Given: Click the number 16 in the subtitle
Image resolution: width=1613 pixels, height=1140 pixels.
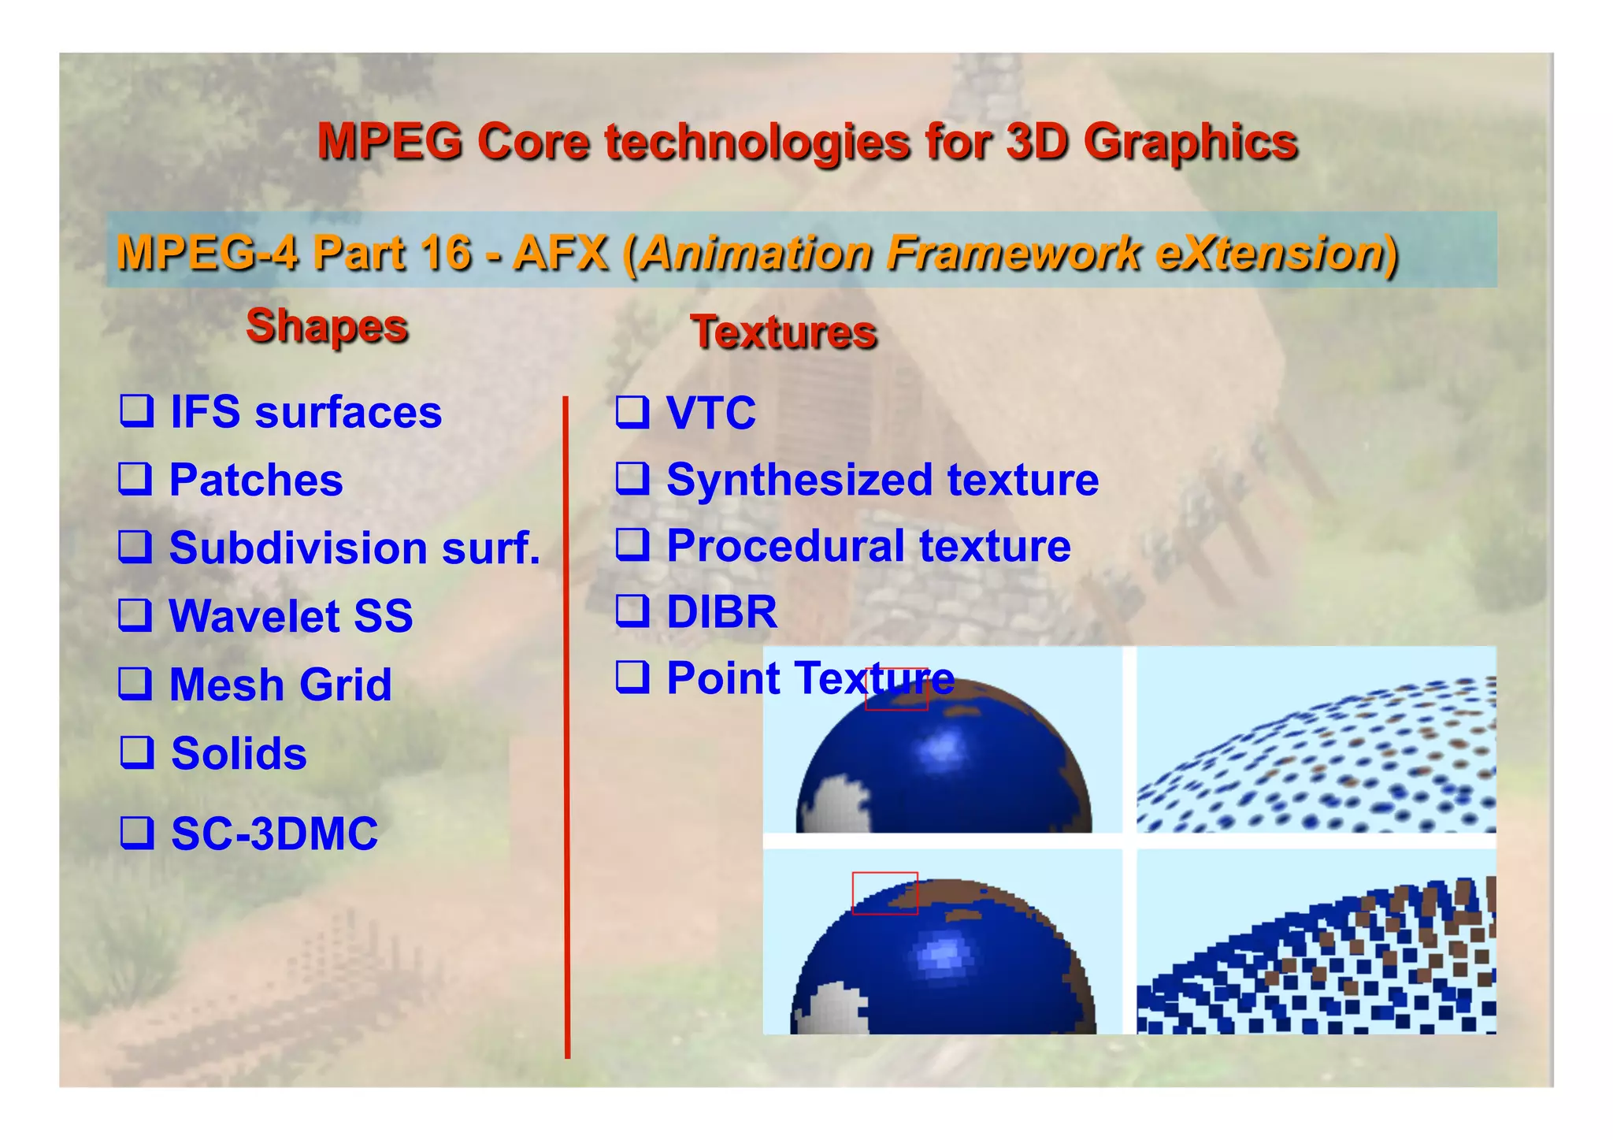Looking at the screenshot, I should pyautogui.click(x=445, y=254).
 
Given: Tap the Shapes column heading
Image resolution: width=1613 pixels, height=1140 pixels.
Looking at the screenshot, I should pyautogui.click(x=327, y=326).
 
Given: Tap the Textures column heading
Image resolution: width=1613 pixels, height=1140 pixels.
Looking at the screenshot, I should pyautogui.click(x=784, y=332).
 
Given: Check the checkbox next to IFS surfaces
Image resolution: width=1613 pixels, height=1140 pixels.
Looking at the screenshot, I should pyautogui.click(x=136, y=410).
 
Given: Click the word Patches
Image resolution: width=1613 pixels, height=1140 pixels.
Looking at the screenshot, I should pyautogui.click(x=256, y=480).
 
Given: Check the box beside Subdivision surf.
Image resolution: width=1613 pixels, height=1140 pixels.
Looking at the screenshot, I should pyautogui.click(x=135, y=546).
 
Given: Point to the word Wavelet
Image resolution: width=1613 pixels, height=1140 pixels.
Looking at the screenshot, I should pyautogui.click(x=254, y=615).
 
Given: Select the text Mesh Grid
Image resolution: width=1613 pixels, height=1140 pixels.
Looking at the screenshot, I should pyautogui.click(x=280, y=684).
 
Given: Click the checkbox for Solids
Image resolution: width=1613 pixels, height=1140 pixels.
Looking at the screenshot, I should pyautogui.click(x=136, y=752).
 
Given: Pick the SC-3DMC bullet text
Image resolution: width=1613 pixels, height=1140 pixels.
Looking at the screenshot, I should pyautogui.click(x=274, y=834).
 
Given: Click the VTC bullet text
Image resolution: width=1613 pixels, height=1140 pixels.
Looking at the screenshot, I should pyautogui.click(x=710, y=412).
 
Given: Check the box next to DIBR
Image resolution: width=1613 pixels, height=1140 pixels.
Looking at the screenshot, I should pyautogui.click(x=632, y=611).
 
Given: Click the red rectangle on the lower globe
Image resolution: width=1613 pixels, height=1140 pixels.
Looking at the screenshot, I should pyautogui.click(x=884, y=893).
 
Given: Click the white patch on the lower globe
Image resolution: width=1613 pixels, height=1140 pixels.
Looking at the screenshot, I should pyautogui.click(x=831, y=1010).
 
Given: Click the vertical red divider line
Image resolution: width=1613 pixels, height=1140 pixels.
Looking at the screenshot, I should pyautogui.click(x=566, y=725).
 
